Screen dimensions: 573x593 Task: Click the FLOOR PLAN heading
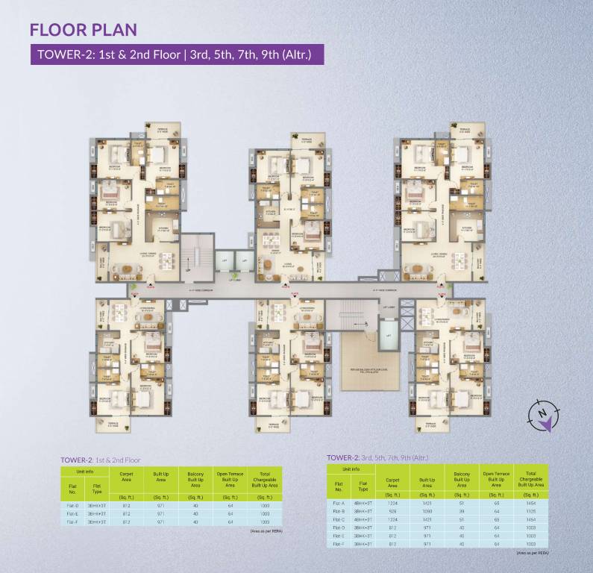click(83, 30)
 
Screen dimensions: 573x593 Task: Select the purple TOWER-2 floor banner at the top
click(177, 54)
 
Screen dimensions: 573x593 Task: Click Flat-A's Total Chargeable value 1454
click(531, 504)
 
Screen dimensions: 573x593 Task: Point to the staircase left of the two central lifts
click(198, 254)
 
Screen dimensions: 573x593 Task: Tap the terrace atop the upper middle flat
click(309, 143)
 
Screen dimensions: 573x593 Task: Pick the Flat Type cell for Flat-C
click(363, 519)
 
